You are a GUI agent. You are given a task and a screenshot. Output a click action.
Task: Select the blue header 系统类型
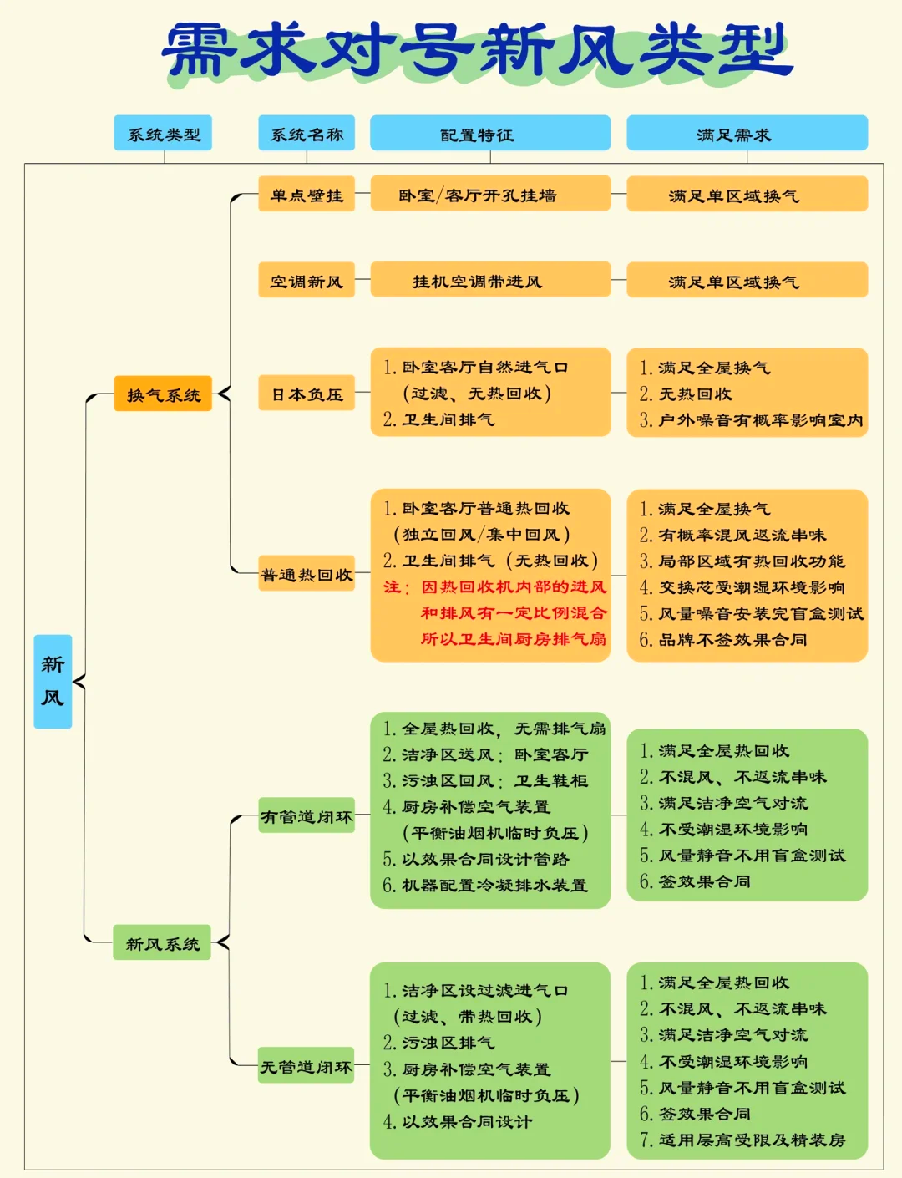point(163,134)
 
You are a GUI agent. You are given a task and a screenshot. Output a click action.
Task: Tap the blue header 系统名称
point(307,134)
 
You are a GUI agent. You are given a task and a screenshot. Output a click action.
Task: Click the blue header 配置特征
point(490,134)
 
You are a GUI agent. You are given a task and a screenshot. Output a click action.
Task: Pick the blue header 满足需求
point(747,134)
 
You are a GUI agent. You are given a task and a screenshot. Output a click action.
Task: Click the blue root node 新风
point(53,681)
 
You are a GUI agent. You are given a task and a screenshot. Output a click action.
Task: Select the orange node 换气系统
point(163,394)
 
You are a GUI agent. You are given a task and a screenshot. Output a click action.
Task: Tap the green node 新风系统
point(162,943)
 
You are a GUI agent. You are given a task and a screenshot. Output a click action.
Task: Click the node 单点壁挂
point(307,195)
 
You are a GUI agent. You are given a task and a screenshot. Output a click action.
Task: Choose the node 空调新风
point(307,281)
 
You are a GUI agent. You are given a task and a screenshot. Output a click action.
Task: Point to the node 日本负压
point(307,394)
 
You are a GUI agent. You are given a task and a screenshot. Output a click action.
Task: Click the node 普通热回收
point(307,574)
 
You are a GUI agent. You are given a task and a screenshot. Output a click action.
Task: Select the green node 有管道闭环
point(307,816)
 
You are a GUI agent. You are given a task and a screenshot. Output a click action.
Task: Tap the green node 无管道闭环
point(307,1066)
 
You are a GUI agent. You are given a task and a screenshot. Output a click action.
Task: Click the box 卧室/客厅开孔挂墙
point(490,195)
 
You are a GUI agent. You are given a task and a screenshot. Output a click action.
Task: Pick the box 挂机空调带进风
point(490,281)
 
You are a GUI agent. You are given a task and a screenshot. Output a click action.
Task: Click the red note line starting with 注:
point(495,587)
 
